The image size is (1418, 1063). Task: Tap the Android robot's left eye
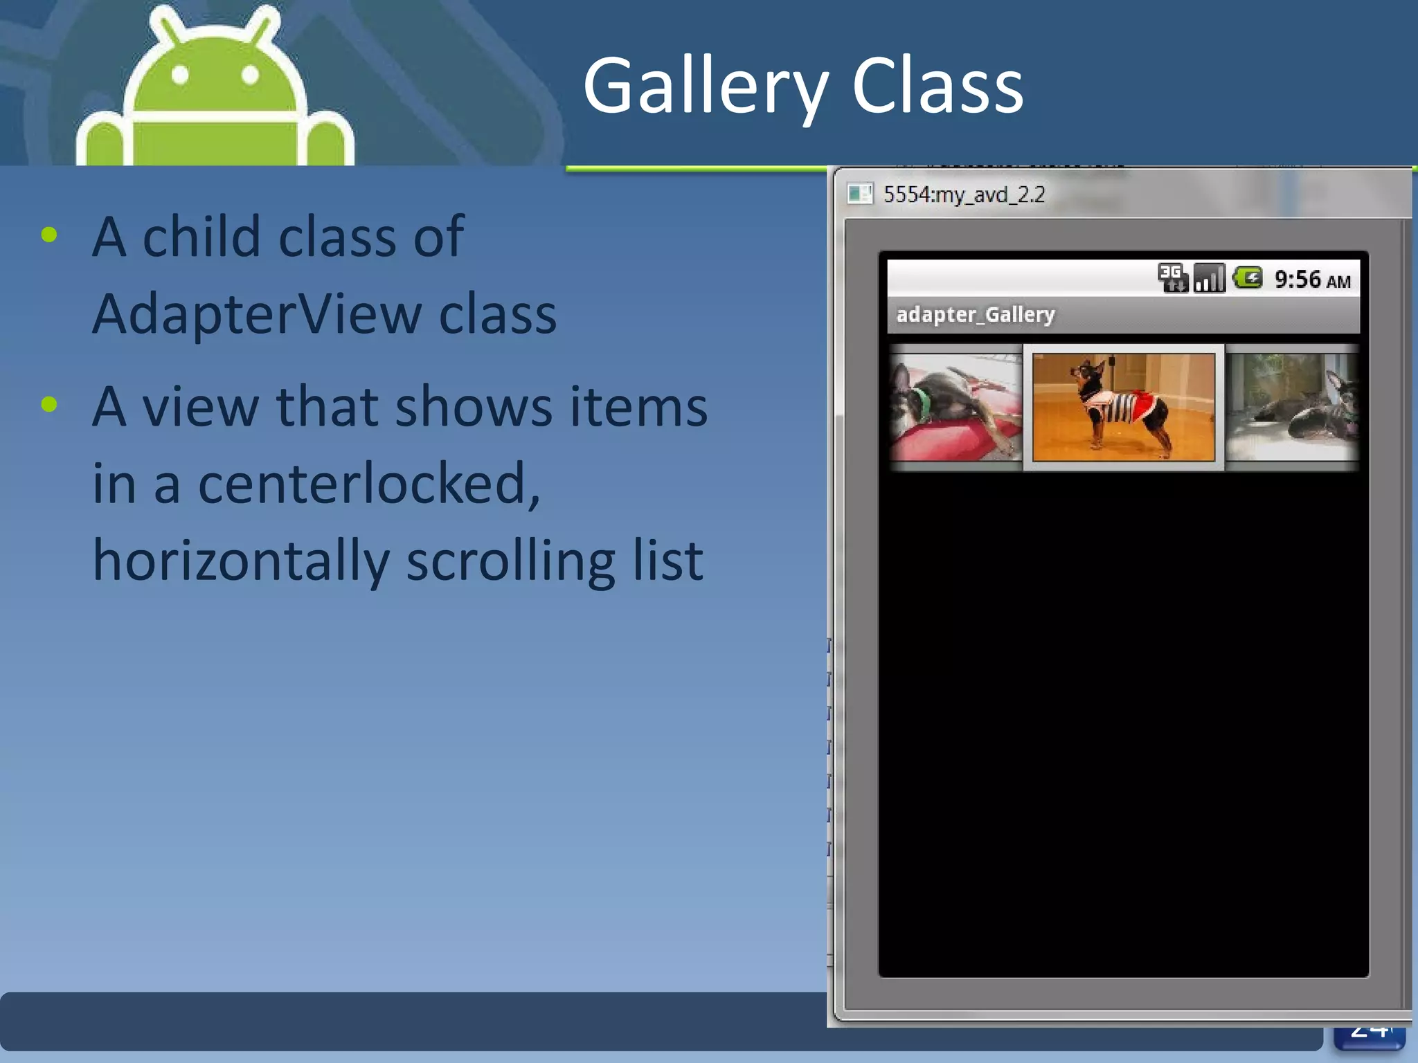point(180,75)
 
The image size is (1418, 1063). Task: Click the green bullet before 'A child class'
point(49,235)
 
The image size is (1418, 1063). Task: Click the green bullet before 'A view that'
point(49,404)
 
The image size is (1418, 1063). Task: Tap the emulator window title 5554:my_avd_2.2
point(964,194)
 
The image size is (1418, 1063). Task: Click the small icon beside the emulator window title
point(859,194)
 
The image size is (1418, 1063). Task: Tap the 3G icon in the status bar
point(1172,278)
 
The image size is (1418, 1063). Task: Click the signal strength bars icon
point(1209,278)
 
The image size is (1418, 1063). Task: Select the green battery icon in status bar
point(1248,278)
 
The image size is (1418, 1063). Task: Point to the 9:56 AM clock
point(1312,280)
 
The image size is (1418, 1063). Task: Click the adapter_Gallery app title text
point(975,315)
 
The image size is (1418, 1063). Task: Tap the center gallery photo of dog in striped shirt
point(1123,407)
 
